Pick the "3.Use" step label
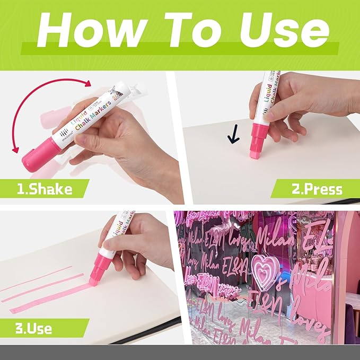point(33,328)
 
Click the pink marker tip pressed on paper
point(257,150)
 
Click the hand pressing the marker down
point(297,103)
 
